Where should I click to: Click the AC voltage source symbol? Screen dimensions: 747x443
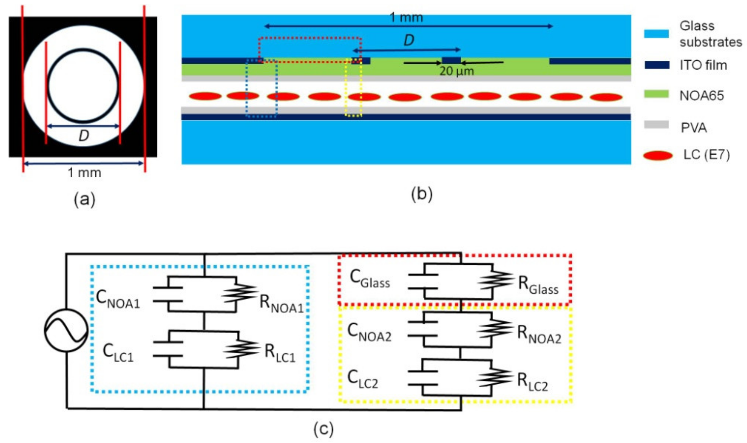pos(66,330)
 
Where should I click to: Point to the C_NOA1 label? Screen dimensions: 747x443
pos(118,299)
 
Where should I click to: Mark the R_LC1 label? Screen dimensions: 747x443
pos(280,353)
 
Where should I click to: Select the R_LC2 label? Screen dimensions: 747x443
pos(532,382)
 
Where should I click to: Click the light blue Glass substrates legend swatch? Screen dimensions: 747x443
pos(656,34)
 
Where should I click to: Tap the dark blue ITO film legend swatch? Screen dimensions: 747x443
pos(657,65)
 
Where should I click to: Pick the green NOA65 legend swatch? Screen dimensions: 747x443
pos(656,94)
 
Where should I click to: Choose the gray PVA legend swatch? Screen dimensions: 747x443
pos(656,125)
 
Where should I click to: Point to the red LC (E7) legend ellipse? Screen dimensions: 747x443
pos(658,155)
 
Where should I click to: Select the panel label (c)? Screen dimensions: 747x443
pos(324,429)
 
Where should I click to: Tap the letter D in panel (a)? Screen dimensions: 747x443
pos(84,136)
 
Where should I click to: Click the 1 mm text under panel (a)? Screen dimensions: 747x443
pos(85,172)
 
